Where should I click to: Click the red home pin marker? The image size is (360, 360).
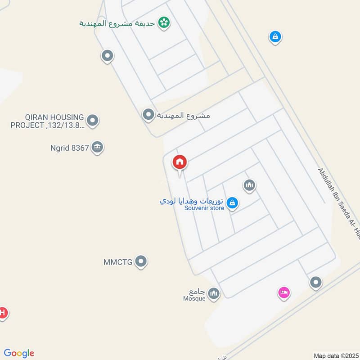click(x=180, y=162)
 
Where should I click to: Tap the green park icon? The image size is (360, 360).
click(x=164, y=22)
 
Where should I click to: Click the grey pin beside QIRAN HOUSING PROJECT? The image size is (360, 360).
click(x=93, y=121)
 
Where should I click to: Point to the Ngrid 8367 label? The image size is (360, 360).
click(x=70, y=147)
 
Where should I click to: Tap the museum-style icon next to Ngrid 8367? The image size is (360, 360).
click(x=97, y=147)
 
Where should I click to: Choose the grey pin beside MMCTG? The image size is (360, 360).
click(x=141, y=261)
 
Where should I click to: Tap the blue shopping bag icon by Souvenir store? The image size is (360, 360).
click(x=232, y=203)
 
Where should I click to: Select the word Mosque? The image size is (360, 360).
click(x=194, y=298)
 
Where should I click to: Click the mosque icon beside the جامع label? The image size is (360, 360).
click(x=214, y=294)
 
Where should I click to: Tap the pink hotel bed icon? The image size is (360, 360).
click(x=283, y=293)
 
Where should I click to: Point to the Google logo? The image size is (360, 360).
click(x=19, y=353)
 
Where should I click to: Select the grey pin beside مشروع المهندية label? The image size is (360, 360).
click(x=148, y=115)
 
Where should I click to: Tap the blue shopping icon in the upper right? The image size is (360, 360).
click(x=275, y=36)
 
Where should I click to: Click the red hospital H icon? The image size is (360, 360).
click(x=2, y=312)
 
